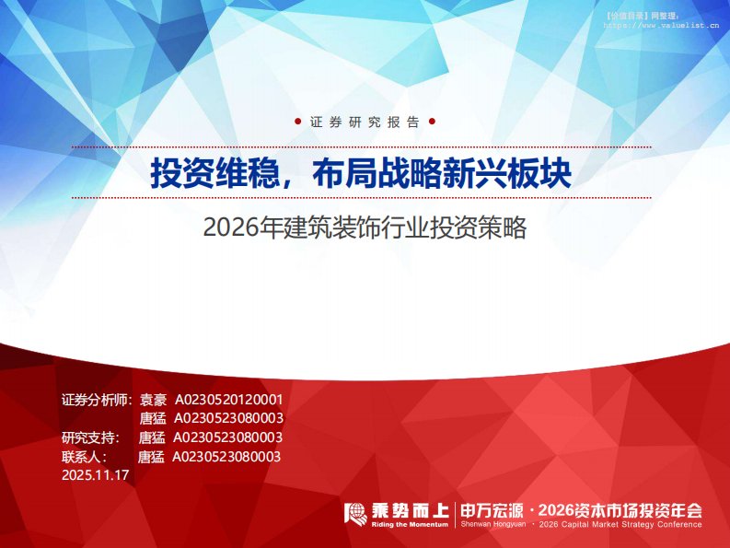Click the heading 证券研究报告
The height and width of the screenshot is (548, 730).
pos(365,122)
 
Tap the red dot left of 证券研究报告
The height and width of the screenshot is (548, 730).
pos(297,122)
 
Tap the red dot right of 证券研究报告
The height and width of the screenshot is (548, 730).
pos(433,122)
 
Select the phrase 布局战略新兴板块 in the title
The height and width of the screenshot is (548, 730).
pos(443,172)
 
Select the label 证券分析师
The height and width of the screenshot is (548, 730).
pos(97,401)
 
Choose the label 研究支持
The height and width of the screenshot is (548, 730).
pos(89,437)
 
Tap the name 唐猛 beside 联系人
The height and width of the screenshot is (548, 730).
pos(151,456)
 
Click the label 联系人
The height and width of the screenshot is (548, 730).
pos(84,456)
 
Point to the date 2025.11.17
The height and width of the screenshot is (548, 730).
pos(95,475)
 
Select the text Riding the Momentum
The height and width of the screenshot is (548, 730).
pos(411,524)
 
